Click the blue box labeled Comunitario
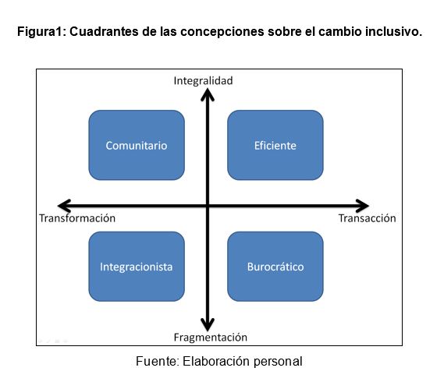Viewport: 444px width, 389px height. pyautogui.click(x=137, y=145)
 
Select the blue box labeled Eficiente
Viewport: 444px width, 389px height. pyautogui.click(x=275, y=145)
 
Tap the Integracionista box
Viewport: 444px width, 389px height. pyautogui.click(x=137, y=267)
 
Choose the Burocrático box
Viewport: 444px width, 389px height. pyautogui.click(x=275, y=267)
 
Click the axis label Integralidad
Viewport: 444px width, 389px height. pyautogui.click(x=204, y=81)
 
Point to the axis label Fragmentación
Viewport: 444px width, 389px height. pyautogui.click(x=211, y=338)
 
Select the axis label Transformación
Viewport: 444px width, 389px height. pyautogui.click(x=77, y=218)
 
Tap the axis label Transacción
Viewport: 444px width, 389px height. pyautogui.click(x=367, y=218)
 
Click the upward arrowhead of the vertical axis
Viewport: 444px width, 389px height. pyautogui.click(x=208, y=90)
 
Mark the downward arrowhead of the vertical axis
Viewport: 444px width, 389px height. pyautogui.click(x=208, y=330)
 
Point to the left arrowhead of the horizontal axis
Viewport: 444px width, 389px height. pyautogui.click(x=59, y=206)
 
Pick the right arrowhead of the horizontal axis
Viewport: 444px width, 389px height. pyautogui.click(x=368, y=206)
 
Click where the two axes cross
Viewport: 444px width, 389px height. pyautogui.click(x=208, y=206)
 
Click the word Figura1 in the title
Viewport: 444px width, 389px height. pyautogui.click(x=39, y=31)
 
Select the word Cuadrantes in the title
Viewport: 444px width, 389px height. pyautogui.click(x=104, y=31)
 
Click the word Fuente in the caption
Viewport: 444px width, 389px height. pyautogui.click(x=156, y=361)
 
